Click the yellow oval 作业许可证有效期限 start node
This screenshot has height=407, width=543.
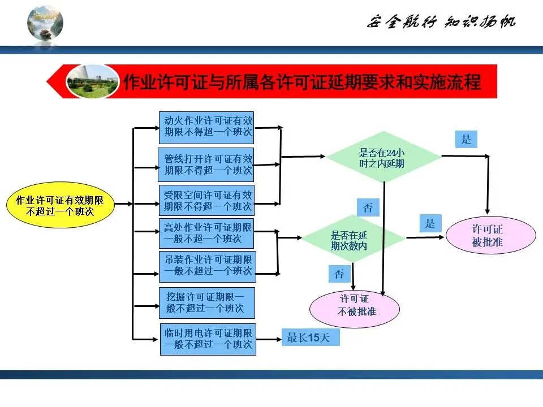[60, 206]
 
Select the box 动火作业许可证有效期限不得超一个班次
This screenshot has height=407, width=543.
[206, 128]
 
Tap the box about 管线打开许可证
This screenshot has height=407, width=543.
[206, 164]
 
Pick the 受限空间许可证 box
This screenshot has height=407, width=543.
[206, 200]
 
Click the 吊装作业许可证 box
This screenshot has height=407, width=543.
[207, 266]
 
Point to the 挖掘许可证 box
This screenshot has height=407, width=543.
[207, 303]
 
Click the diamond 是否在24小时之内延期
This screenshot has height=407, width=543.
[383, 157]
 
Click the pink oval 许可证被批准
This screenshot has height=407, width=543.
[490, 237]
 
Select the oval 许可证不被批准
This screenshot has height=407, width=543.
[355, 306]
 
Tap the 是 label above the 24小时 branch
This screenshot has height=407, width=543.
[466, 139]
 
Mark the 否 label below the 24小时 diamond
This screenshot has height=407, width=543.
[368, 207]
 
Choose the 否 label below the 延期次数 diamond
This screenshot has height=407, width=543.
[339, 274]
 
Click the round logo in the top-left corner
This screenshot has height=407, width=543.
[45, 23]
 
